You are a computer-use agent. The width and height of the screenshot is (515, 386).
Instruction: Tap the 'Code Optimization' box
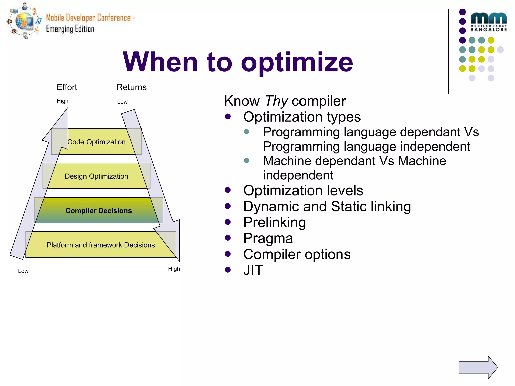coord(97,142)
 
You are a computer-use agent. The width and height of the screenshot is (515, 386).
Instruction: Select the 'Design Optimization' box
coord(96,176)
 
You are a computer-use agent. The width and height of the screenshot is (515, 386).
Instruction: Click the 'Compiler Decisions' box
coord(99,210)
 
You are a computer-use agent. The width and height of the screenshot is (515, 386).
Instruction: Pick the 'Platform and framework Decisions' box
coord(101,245)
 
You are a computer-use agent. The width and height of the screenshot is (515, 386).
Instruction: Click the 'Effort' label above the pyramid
coord(67,87)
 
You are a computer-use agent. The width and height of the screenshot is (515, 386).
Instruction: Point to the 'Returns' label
coord(132,87)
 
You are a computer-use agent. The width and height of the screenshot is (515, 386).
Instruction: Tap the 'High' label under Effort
coord(62,101)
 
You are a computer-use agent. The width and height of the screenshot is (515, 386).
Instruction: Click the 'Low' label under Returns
coord(122,102)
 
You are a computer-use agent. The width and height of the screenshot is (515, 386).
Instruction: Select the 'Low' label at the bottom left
coord(23,271)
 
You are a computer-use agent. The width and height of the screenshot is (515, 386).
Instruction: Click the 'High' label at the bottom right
coord(174,269)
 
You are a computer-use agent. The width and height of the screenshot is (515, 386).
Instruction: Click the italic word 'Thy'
coord(276,101)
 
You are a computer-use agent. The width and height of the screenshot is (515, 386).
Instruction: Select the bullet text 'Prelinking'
coord(274,222)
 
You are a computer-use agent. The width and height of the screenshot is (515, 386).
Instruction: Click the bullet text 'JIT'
coord(253,270)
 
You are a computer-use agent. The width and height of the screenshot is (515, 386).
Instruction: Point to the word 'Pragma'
coord(268,238)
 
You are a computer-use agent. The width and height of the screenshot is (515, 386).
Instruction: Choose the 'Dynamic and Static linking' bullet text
coord(327,207)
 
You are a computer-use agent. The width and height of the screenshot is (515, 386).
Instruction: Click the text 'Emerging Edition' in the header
coord(70,29)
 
